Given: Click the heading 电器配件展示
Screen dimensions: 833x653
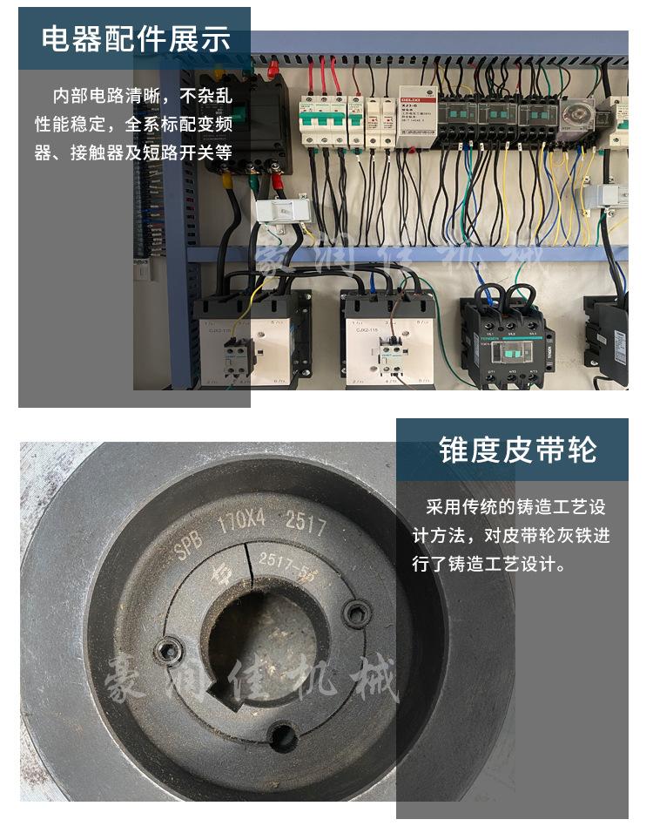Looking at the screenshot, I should pyautogui.click(x=136, y=39).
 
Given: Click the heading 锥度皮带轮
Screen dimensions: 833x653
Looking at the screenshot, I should pyautogui.click(x=517, y=450).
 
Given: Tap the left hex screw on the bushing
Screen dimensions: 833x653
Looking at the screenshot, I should pyautogui.click(x=168, y=649).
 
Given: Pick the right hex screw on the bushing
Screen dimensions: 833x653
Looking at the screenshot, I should pyautogui.click(x=355, y=613).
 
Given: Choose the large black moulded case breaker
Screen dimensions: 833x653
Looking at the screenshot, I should pyautogui.click(x=255, y=122).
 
